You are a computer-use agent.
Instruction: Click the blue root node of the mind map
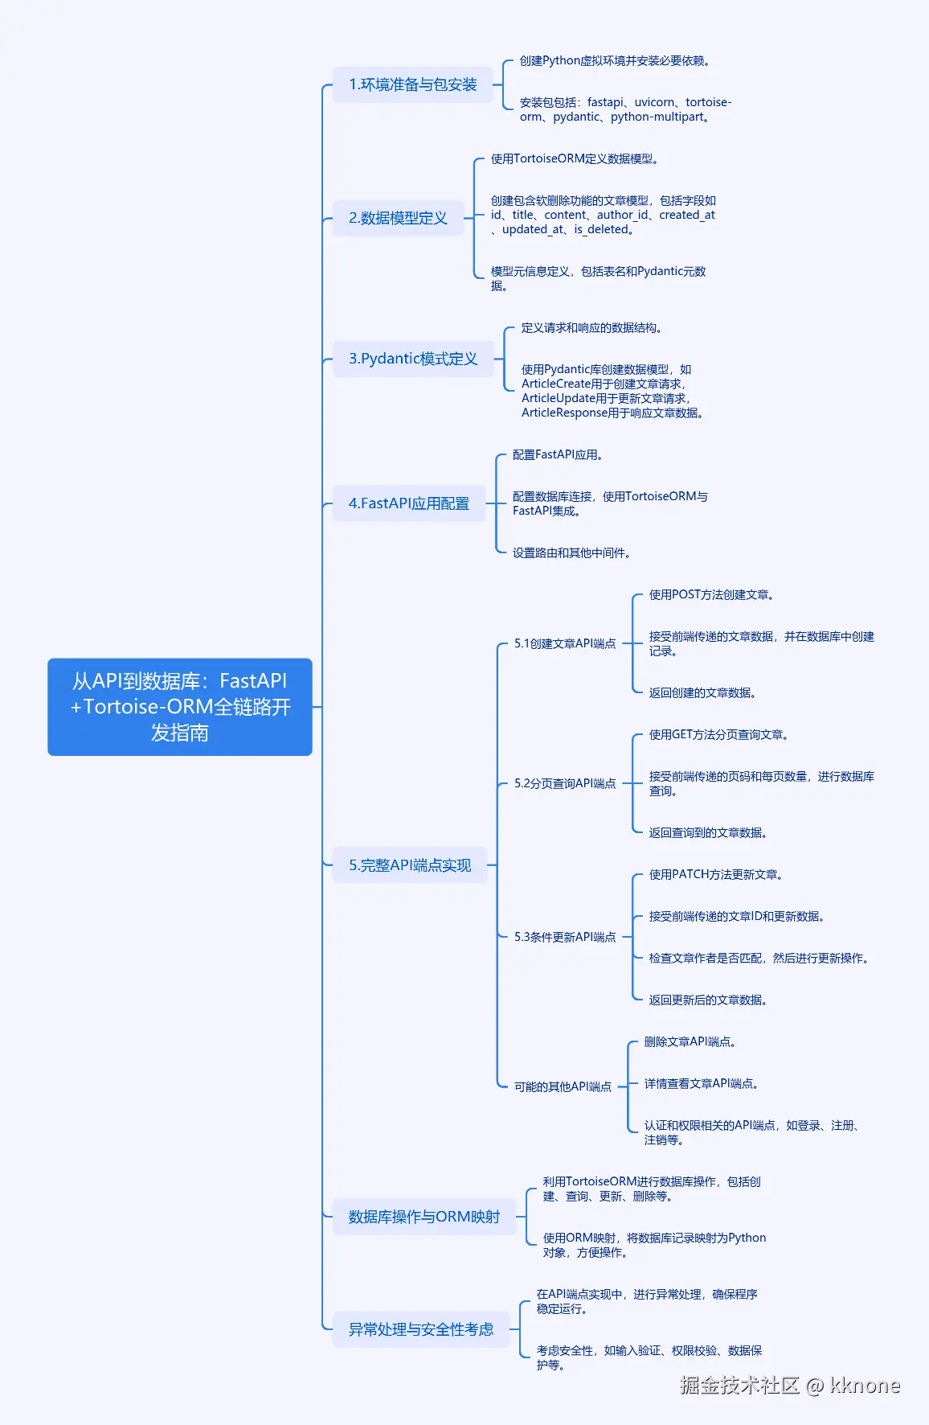180,707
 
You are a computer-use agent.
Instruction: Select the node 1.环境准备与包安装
412,84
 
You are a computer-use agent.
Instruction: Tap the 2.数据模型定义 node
398,218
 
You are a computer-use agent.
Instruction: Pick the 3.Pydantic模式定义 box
413,359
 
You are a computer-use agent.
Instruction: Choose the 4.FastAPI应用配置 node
408,503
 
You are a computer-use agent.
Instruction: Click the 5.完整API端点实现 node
410,865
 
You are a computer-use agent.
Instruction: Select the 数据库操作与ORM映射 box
424,1217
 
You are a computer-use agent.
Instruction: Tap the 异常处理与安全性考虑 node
420,1329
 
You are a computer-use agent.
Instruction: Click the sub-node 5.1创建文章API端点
565,643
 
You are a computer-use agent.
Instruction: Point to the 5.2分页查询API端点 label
565,783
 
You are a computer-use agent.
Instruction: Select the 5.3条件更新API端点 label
565,937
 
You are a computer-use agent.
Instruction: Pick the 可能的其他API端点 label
563,1086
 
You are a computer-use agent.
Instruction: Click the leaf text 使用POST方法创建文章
711,595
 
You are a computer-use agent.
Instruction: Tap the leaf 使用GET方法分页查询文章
718,735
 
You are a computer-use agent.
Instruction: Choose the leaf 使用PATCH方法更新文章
716,875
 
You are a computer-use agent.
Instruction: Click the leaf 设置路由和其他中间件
571,553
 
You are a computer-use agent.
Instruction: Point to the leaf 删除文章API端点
690,1042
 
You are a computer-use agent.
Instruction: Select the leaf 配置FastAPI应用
558,455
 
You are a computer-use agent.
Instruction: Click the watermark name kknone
865,1385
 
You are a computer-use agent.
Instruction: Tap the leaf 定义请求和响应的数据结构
591,328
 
